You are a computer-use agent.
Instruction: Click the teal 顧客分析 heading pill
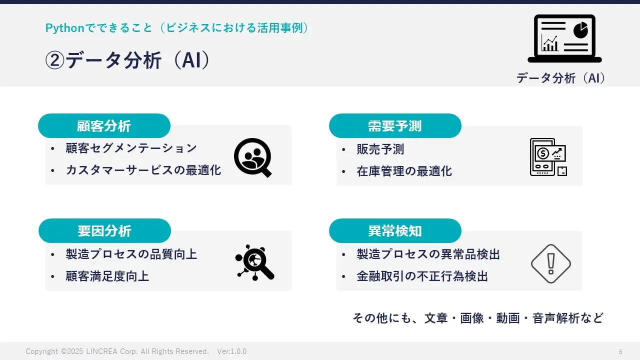tap(104, 125)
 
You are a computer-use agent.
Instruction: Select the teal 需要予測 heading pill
tap(395, 125)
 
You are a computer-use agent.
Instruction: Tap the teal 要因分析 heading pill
tap(104, 231)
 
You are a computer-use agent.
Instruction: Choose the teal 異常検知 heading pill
tap(395, 231)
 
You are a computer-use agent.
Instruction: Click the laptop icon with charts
tap(564, 38)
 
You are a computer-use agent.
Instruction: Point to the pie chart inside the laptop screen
tap(580, 30)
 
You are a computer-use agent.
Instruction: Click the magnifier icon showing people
tap(253, 157)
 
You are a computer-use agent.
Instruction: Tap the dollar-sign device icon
tap(548, 157)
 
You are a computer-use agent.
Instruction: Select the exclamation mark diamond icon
tap(551, 263)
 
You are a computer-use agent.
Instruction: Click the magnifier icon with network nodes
tap(254, 262)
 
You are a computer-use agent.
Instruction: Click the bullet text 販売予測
tap(380, 149)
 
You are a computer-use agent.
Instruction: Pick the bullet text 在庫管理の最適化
tap(404, 171)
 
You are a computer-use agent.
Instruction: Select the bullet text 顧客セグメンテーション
tap(131, 148)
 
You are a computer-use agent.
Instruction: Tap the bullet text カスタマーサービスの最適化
tap(143, 170)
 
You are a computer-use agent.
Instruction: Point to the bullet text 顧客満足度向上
tap(107, 276)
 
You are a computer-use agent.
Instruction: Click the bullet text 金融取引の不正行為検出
tap(422, 276)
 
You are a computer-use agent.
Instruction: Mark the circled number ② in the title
tap(54, 60)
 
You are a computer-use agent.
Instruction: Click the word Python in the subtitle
tap(65, 28)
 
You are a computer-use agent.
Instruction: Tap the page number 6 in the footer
tap(620, 351)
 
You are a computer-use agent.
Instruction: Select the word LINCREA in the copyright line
tap(101, 351)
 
